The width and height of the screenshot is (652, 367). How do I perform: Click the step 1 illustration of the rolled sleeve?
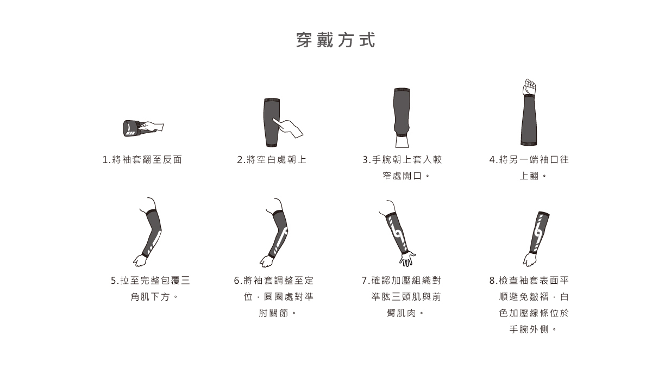coord(133,127)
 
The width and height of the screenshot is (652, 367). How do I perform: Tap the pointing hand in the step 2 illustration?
coord(290,127)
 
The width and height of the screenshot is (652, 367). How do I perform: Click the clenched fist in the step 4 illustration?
coord(529,87)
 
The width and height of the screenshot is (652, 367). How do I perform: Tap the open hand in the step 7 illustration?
coord(406,258)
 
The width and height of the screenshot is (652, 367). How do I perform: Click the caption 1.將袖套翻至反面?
coord(142,160)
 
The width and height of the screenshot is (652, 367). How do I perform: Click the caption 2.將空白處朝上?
coord(272,160)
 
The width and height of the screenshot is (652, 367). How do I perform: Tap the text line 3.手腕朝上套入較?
coord(402,160)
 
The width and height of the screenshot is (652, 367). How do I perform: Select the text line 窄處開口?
coord(403,176)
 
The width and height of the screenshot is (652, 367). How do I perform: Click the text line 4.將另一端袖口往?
coord(529,160)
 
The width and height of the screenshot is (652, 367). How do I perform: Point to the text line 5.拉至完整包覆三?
coord(151,281)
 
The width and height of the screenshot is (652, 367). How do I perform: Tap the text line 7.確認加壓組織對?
coord(402,281)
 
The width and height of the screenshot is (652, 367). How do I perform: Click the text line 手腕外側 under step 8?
coord(529,330)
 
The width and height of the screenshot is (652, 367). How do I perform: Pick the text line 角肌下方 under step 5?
coord(151,297)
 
